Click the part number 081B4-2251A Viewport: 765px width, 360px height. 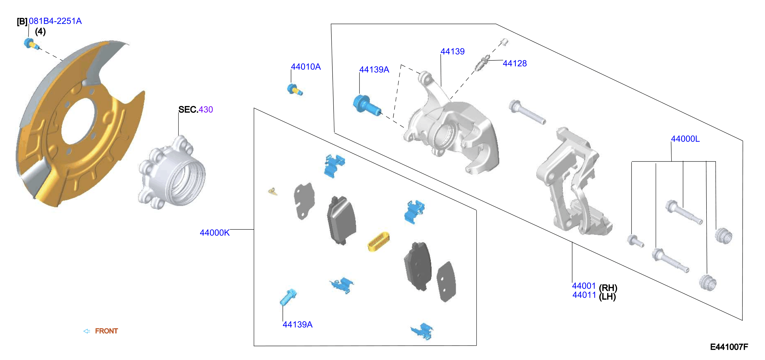point(55,21)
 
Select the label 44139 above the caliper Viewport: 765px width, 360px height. point(452,51)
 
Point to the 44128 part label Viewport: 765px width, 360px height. point(515,63)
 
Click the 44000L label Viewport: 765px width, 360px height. point(685,139)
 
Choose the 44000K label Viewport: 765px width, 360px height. point(215,233)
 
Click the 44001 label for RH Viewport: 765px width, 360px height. point(584,286)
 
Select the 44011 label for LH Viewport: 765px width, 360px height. point(584,295)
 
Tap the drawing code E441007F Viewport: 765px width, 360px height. point(729,347)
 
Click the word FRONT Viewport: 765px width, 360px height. point(106,331)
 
